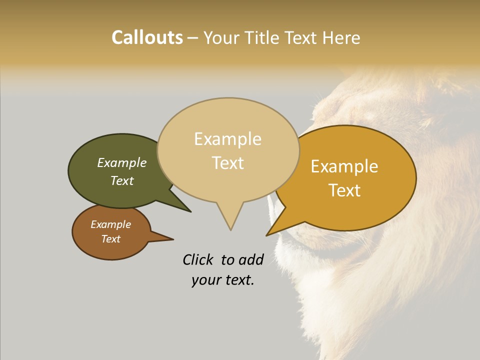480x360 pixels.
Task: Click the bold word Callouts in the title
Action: [x=147, y=37]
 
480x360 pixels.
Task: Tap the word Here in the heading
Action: [x=341, y=37]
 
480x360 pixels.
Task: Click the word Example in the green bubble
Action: [x=121, y=163]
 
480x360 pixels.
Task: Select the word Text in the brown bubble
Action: [x=110, y=239]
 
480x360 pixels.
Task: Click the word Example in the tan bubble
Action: [x=227, y=139]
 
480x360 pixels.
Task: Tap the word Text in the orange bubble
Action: [x=344, y=190]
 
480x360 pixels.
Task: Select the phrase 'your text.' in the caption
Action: [x=222, y=280]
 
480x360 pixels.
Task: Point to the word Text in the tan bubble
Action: [x=228, y=163]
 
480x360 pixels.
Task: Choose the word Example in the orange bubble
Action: [x=344, y=166]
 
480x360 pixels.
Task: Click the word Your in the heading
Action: [x=222, y=37]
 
